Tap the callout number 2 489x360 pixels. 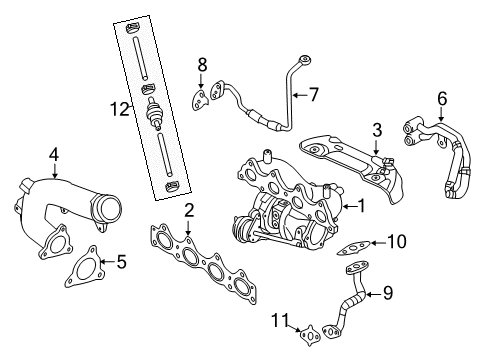[187, 212]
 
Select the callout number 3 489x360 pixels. [377, 131]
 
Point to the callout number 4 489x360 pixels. [53, 153]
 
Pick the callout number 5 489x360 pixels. [121, 263]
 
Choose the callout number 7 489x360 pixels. [313, 96]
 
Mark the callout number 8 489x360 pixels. [201, 67]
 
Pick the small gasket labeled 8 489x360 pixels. [203, 97]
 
